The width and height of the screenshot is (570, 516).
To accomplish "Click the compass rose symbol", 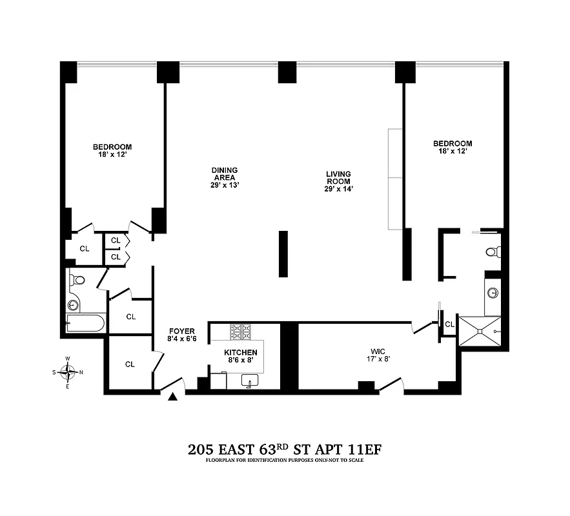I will click(x=68, y=372).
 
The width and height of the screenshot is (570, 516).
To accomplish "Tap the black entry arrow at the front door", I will click(x=172, y=398).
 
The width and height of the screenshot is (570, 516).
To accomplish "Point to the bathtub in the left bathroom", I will click(x=86, y=322).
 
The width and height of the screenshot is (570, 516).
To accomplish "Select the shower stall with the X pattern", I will click(x=479, y=330).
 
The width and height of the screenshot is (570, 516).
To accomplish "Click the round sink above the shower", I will click(x=493, y=292).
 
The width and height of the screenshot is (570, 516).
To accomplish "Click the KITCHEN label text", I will click(x=241, y=352).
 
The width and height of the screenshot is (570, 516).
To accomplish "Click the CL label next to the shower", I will click(x=449, y=324).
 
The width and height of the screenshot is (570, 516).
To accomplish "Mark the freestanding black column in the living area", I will click(x=283, y=253).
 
